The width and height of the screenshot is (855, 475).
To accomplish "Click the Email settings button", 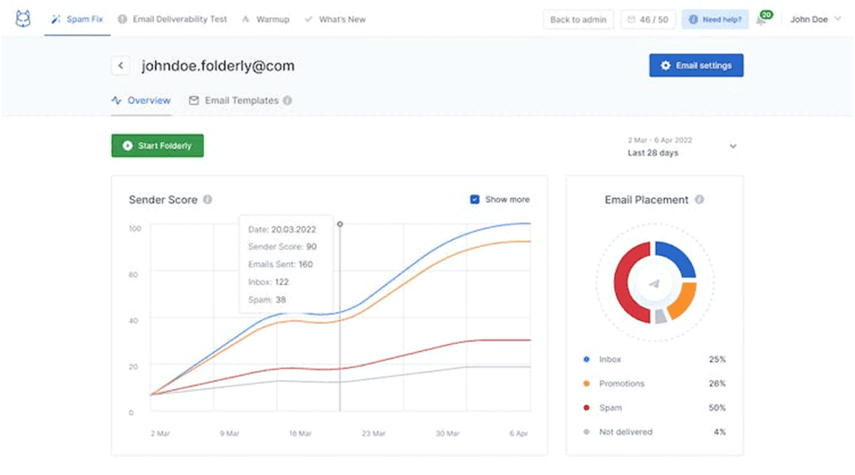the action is click(696, 65).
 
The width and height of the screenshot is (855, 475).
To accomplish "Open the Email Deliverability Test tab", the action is click(172, 19).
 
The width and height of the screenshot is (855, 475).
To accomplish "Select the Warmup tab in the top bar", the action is click(265, 19).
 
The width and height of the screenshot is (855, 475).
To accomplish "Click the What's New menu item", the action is click(335, 19).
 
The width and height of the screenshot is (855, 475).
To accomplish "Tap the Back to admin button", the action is click(578, 20).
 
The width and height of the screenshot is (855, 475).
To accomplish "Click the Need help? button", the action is click(715, 20).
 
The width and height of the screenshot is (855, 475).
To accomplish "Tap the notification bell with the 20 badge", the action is click(763, 19).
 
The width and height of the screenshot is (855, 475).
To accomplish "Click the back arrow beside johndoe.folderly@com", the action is click(120, 66).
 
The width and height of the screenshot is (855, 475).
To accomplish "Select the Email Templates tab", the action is click(240, 100).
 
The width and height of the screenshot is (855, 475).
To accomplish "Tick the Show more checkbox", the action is click(475, 199).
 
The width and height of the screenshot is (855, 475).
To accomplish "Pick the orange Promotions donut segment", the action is click(685, 302).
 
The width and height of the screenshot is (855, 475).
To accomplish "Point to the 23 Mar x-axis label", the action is click(373, 433).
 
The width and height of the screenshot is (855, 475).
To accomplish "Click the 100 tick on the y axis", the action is click(135, 229).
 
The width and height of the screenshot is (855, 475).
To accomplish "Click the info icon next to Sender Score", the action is click(207, 199).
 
